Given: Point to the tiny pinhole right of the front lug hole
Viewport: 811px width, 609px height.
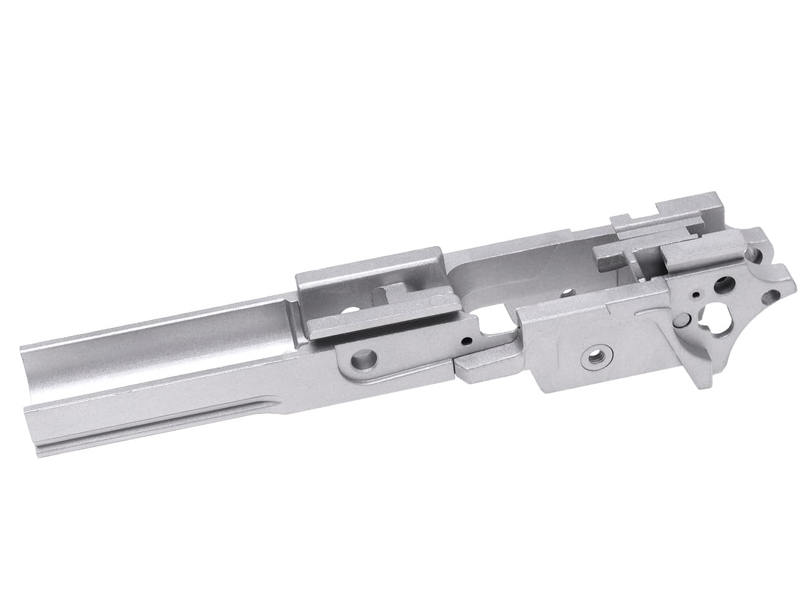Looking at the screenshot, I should (x=468, y=339).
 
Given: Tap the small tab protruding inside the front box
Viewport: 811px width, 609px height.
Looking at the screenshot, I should (x=393, y=289).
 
